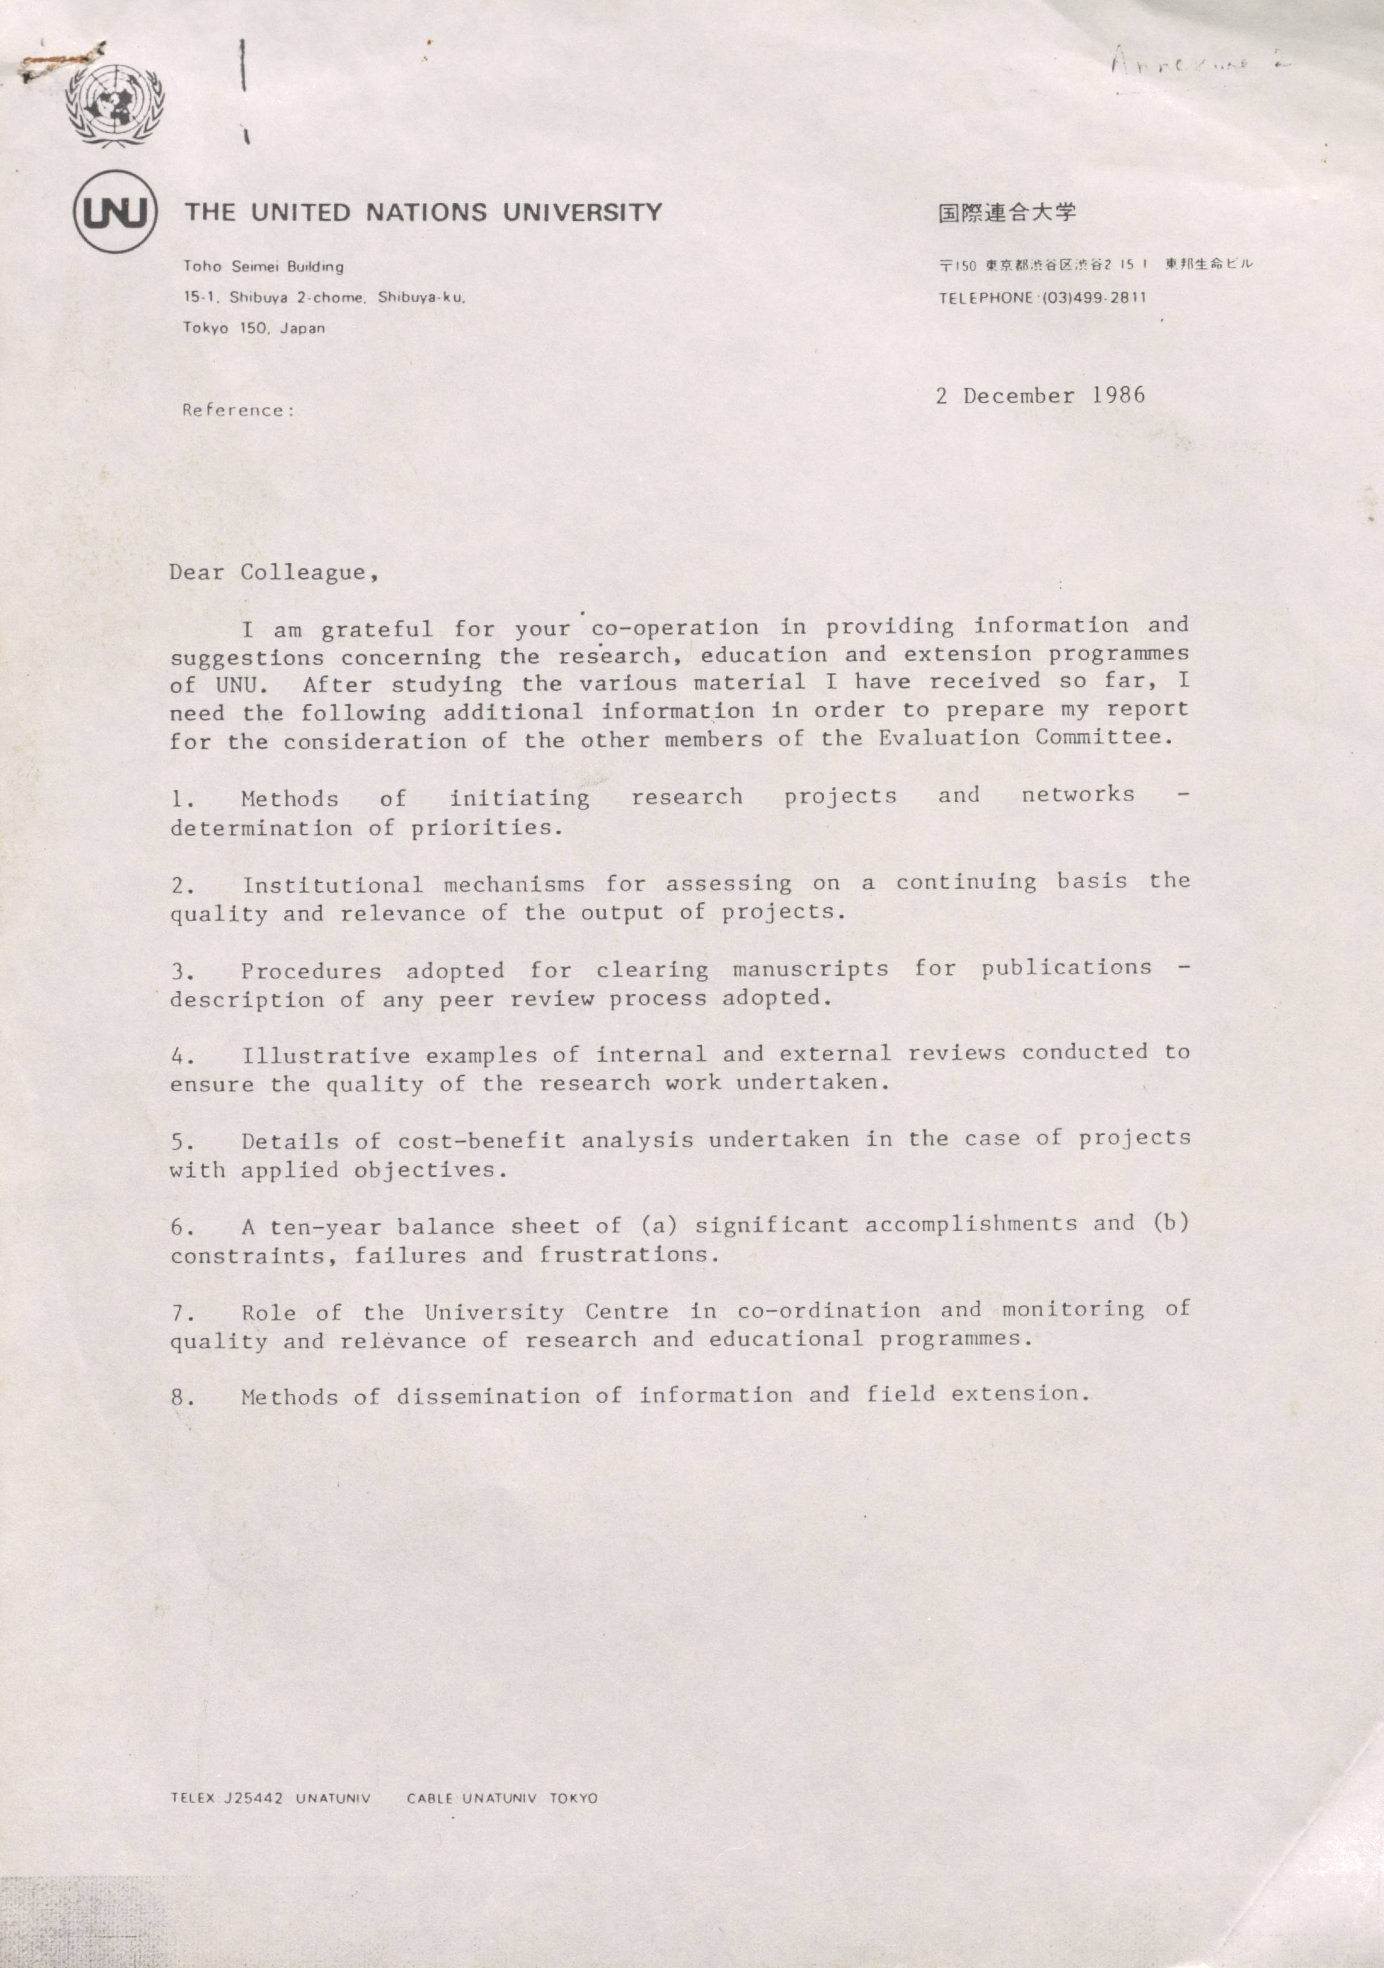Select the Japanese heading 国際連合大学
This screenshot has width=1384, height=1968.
point(1006,213)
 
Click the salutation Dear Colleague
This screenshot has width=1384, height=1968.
point(274,573)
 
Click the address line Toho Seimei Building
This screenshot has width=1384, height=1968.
point(263,267)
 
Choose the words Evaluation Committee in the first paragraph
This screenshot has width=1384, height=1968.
point(1024,737)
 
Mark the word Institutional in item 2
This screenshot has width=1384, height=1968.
point(332,885)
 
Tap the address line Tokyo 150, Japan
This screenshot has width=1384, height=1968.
point(254,329)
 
